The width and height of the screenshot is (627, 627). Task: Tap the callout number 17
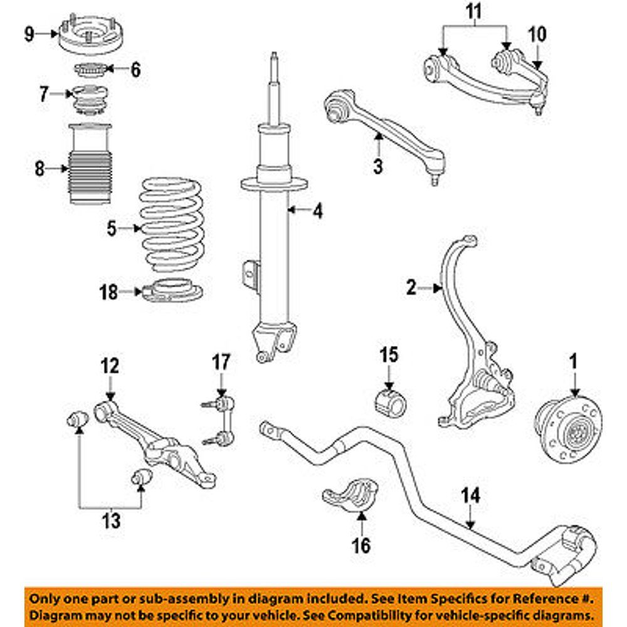tap(221, 362)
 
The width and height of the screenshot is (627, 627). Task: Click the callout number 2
tap(411, 288)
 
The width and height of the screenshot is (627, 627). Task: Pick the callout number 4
tap(318, 212)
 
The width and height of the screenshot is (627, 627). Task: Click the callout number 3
tap(378, 167)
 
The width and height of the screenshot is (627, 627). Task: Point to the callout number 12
tap(110, 366)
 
